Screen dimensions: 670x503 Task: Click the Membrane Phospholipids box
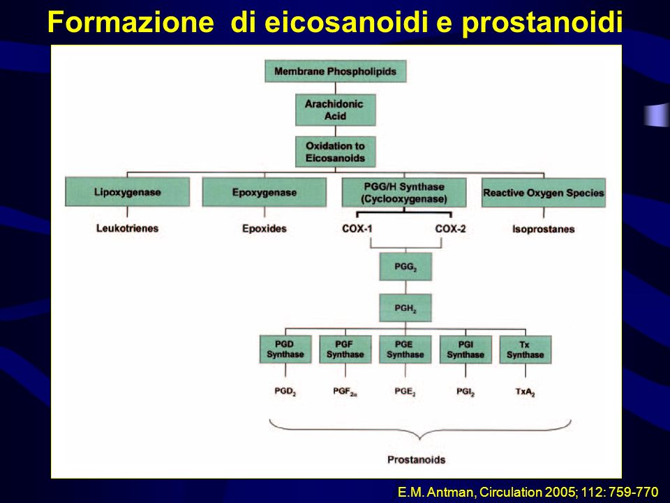(x=336, y=71)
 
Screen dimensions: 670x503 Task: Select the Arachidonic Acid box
(x=336, y=110)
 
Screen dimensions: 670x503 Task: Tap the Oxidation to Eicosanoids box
(x=336, y=152)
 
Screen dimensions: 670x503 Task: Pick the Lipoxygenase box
(x=127, y=192)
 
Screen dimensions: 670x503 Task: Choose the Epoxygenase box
(x=264, y=193)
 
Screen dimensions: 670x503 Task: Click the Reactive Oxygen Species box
(x=544, y=193)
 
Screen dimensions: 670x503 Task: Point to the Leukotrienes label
(x=127, y=228)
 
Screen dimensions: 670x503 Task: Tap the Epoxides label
(x=264, y=228)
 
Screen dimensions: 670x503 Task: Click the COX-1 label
(x=357, y=229)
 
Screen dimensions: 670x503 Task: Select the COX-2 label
(x=450, y=229)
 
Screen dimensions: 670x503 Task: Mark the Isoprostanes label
(x=544, y=229)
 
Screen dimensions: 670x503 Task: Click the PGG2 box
(x=405, y=266)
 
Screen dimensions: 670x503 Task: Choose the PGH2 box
(x=405, y=307)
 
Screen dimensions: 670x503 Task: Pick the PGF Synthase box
(x=345, y=349)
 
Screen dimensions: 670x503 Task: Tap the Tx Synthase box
(x=525, y=350)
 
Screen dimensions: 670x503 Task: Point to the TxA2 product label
(x=525, y=392)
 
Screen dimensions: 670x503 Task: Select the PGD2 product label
(x=285, y=391)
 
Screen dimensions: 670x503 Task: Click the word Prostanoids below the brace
(x=416, y=460)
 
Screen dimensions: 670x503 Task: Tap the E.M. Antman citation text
(x=528, y=492)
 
